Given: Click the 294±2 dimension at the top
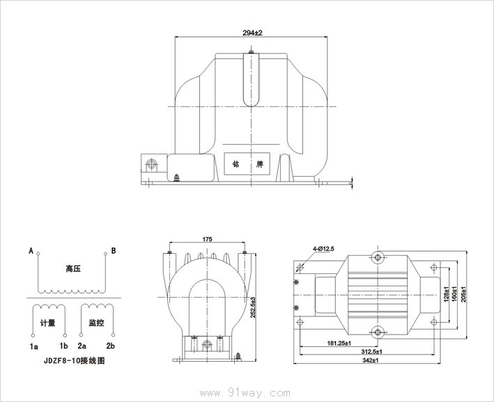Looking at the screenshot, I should pyautogui.click(x=252, y=33).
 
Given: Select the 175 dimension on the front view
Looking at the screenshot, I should pyautogui.click(x=207, y=239).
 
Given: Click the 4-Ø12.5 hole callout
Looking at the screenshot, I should pyautogui.click(x=324, y=248).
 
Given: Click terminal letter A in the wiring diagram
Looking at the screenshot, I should pyautogui.click(x=31, y=250).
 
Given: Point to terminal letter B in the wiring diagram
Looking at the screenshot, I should pyautogui.click(x=114, y=250).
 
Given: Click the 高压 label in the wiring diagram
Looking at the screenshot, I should pyautogui.click(x=73, y=268).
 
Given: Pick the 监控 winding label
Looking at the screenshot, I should pyautogui.click(x=96, y=324).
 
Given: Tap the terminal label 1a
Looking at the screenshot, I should pyautogui.click(x=33, y=346).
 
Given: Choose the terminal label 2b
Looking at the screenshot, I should pyautogui.click(x=110, y=346).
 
